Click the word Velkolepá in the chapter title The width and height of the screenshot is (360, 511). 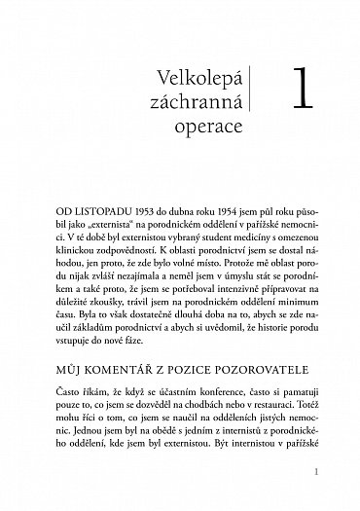(x=198, y=77)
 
